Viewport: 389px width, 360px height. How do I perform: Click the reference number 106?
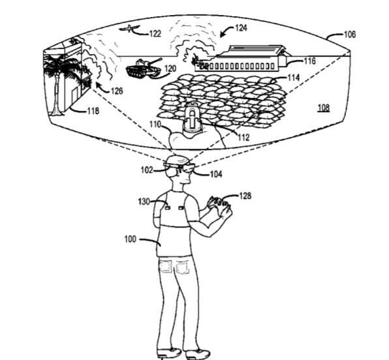[x=350, y=35]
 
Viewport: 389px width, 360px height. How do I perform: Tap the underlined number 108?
[x=324, y=108]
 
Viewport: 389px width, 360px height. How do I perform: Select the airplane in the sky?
[x=130, y=29]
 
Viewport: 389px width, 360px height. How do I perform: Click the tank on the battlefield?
[x=144, y=67]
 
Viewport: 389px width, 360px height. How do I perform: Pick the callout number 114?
[x=294, y=78]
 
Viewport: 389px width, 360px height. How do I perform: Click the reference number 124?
[x=241, y=28]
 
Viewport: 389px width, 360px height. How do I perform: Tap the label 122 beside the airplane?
[x=155, y=33]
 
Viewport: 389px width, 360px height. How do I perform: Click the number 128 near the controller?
[x=245, y=196]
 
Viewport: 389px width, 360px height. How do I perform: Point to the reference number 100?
[x=131, y=239]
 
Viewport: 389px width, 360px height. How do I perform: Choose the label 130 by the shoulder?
[x=144, y=202]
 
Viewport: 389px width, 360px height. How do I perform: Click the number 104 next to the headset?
[x=216, y=174]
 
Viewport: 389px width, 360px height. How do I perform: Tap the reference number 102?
[x=147, y=170]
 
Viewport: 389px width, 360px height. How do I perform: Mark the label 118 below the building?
[x=93, y=111]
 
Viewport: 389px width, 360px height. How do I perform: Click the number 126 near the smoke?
[x=117, y=91]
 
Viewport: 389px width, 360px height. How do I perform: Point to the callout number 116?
[x=310, y=61]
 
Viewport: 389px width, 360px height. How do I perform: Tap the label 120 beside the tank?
[x=170, y=68]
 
